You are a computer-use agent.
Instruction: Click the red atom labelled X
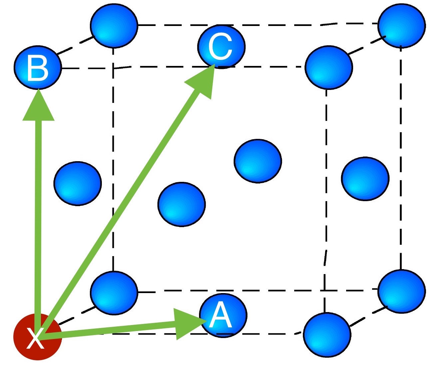(37, 336)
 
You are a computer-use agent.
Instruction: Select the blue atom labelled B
(38, 68)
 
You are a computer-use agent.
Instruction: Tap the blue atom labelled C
(221, 47)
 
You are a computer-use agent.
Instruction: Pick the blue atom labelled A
(223, 315)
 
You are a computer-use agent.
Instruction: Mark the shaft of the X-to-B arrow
(39, 216)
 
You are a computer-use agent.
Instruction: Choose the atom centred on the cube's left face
(78, 184)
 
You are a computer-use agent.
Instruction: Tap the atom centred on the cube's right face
(365, 179)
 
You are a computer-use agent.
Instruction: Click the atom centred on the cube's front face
(181, 204)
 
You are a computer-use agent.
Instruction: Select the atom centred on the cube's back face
(258, 161)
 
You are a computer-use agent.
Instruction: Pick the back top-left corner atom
(114, 26)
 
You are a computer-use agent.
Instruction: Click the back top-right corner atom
(401, 26)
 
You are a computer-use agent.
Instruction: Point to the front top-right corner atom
(328, 68)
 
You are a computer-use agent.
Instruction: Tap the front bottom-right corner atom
(327, 335)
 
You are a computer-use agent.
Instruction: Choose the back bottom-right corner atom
(401, 291)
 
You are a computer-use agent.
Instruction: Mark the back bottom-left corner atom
(114, 293)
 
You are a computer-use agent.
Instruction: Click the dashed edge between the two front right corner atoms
(326, 200)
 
